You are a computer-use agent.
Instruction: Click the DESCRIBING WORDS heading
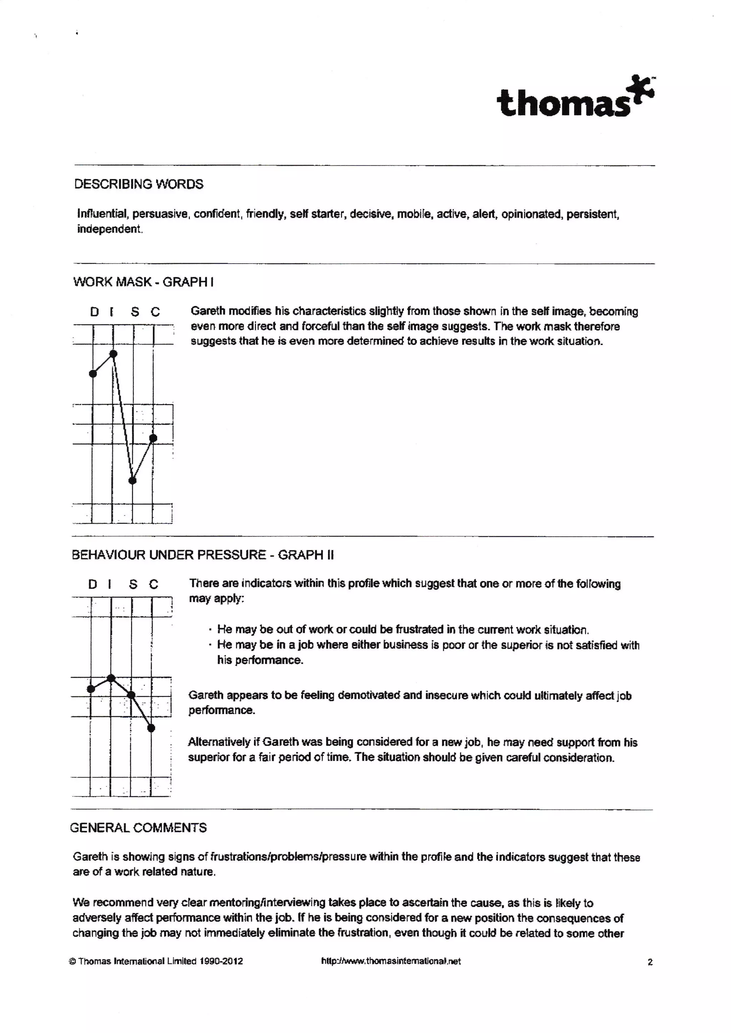[x=138, y=184]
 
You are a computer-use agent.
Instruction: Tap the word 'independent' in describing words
[x=109, y=229]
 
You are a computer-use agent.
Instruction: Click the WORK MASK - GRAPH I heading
[x=143, y=282]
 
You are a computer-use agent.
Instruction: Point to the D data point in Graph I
[x=93, y=373]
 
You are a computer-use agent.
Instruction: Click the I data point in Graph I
[x=114, y=353]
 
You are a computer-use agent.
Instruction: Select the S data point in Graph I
[x=132, y=480]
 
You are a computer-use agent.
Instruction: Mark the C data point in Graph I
[x=153, y=438]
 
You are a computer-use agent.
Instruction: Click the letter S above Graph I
[x=135, y=312]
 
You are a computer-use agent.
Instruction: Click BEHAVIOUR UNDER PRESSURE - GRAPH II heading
[x=202, y=555]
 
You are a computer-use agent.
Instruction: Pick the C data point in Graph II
[x=151, y=728]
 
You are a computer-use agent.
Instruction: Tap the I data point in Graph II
[x=111, y=678]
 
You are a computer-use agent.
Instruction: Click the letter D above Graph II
[x=92, y=584]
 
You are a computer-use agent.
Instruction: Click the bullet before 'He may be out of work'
[x=210, y=630]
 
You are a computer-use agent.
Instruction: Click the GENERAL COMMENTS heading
[x=138, y=828]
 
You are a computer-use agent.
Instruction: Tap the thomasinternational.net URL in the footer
[x=391, y=961]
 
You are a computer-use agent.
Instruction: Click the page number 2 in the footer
[x=650, y=962]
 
